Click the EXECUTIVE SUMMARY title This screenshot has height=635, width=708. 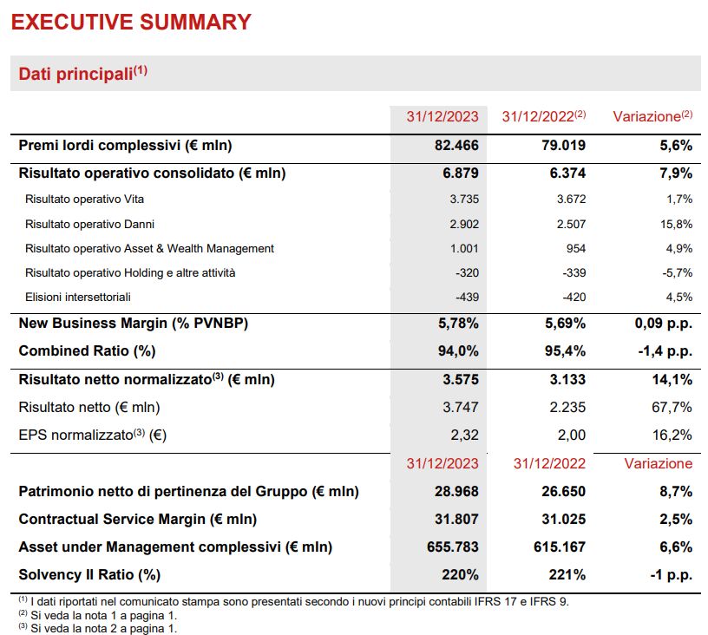130,22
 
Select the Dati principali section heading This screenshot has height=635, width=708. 82,74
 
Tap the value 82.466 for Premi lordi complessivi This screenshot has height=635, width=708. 456,145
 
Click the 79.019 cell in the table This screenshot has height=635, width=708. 564,145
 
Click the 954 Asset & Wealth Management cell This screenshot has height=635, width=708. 574,248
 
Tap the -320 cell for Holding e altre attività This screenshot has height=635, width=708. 466,272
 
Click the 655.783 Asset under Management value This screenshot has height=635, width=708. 449,547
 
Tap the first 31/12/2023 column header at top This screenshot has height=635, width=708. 442,116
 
